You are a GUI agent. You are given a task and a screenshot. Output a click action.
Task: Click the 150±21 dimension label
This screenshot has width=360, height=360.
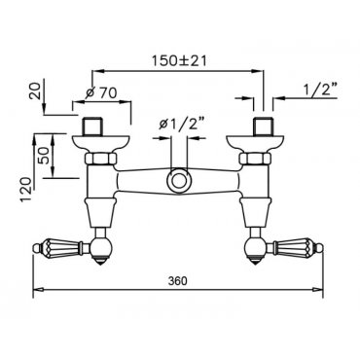[x=179, y=60]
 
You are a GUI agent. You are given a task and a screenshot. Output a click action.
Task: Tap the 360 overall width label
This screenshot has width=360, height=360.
[x=178, y=281]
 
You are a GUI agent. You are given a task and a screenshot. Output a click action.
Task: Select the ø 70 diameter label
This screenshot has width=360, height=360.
[x=101, y=93]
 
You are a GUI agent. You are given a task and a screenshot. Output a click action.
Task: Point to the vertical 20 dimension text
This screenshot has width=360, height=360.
[x=37, y=91]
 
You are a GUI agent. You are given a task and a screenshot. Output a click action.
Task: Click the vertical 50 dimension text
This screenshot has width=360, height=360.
[x=43, y=155]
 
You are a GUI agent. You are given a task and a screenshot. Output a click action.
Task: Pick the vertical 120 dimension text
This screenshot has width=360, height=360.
[x=27, y=190]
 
